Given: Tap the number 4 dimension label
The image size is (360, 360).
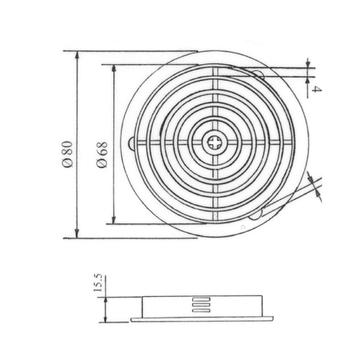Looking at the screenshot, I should point(317,89).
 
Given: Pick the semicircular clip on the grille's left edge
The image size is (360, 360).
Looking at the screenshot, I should point(132,144).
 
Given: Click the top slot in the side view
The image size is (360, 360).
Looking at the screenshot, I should point(201,299).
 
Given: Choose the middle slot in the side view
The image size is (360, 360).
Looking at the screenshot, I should point(201,304).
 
